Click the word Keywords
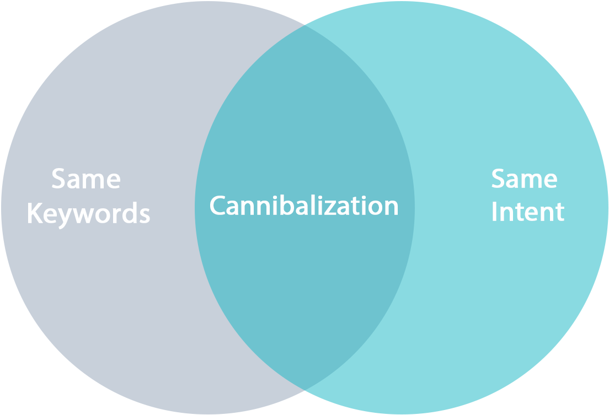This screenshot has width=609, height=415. (x=88, y=214)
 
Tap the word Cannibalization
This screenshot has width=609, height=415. (x=304, y=206)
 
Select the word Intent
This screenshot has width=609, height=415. (x=527, y=212)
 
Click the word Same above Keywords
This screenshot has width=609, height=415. (x=86, y=180)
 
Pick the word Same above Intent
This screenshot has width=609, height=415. (x=524, y=179)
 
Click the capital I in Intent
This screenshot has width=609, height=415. (x=494, y=212)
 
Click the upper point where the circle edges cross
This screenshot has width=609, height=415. (x=305, y=25)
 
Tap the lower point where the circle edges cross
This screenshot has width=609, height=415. (x=305, y=390)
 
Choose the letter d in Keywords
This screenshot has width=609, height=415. (x=129, y=213)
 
